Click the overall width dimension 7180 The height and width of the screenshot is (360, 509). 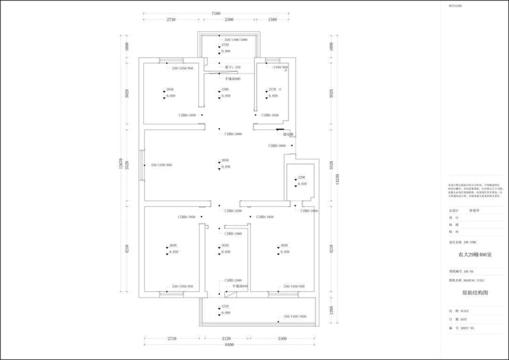coord(229,14)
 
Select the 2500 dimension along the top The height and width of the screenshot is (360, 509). coord(229,20)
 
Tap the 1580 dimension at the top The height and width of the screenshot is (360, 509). coord(272,20)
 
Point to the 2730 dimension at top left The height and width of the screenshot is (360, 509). coord(171,20)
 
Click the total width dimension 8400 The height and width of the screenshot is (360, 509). coord(229,344)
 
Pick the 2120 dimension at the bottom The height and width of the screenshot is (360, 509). coord(226,338)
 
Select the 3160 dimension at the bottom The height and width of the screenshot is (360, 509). coord(281,338)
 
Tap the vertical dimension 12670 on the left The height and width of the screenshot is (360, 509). coord(122,164)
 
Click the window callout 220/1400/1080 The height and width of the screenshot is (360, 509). coord(236,40)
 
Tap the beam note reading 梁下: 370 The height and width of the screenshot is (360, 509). coord(232,67)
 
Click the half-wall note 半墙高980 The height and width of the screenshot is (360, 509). coord(232,79)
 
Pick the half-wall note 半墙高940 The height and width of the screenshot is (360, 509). coord(240,286)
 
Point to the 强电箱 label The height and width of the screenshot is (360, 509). coord(288,134)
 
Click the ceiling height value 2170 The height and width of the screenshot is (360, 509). coord(272,89)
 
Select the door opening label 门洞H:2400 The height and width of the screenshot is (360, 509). coord(233,280)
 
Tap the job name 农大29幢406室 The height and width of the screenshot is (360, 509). coord(475,254)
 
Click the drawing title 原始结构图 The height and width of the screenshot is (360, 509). coord(475,293)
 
